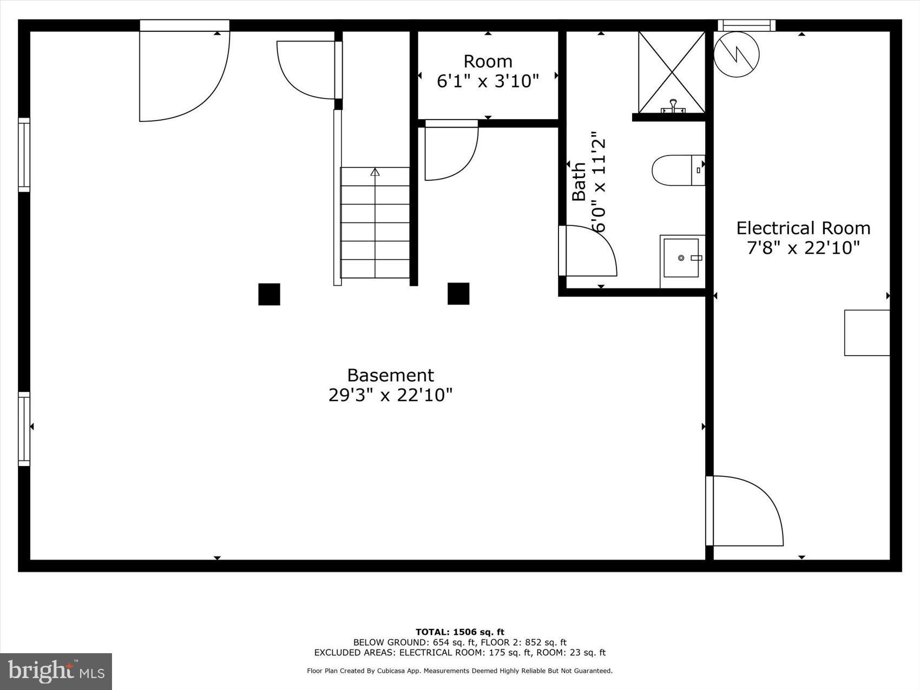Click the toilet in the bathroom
click(676, 170)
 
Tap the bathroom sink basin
click(681, 258)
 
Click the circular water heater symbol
click(736, 54)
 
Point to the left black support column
click(269, 294)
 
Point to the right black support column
click(458, 294)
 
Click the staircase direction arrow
click(374, 172)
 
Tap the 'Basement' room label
click(390, 375)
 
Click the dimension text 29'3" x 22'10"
click(390, 395)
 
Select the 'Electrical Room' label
click(803, 228)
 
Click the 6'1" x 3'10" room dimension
click(488, 81)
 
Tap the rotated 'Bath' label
click(579, 181)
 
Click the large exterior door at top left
click(184, 76)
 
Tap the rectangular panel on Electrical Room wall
click(867, 333)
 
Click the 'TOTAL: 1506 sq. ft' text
click(459, 632)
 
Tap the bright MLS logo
click(56, 672)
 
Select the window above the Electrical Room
click(746, 25)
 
